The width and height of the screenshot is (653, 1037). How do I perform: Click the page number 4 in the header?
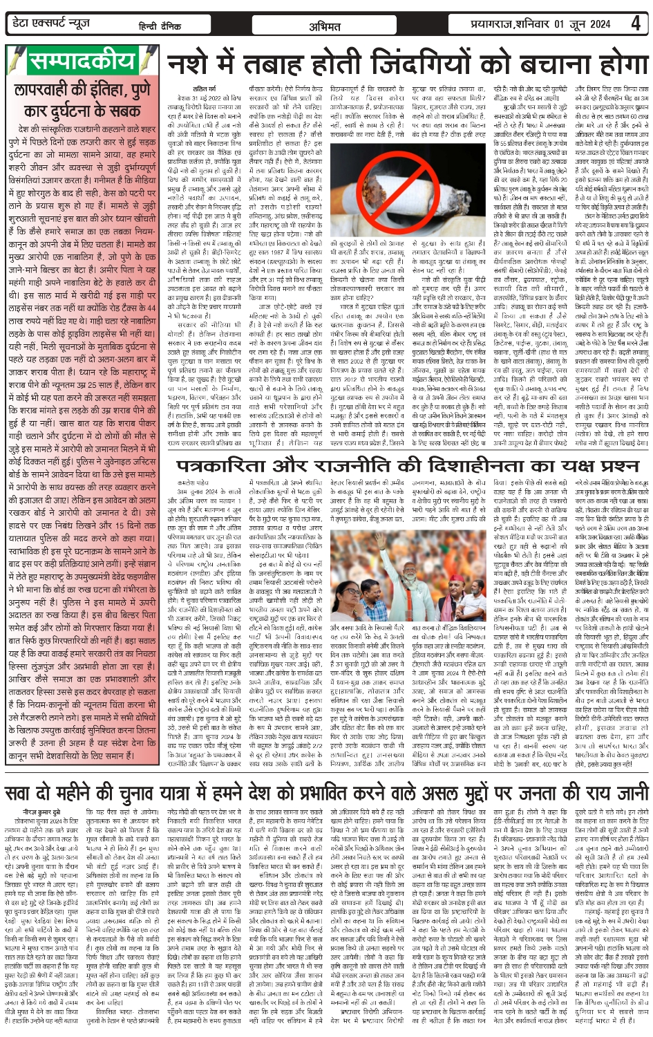(x=634, y=23)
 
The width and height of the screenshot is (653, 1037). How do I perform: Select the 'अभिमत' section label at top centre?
(x=325, y=26)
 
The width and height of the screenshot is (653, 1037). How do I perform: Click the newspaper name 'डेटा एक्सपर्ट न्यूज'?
(x=52, y=24)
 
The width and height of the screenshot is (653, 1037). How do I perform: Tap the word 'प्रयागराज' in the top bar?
(x=490, y=24)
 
